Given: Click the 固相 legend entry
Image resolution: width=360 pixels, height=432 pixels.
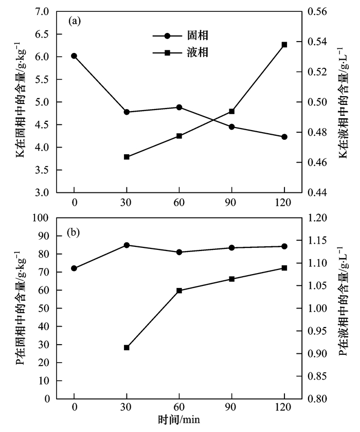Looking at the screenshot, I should click(198, 36).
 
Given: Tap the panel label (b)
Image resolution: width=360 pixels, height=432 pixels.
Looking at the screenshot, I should click(75, 232).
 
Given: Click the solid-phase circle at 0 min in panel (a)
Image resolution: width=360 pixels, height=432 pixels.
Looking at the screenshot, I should click(74, 56).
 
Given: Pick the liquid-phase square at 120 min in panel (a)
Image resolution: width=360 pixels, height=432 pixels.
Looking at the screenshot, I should click(284, 45).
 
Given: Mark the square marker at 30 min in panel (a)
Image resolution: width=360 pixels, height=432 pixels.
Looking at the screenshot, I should click(127, 157).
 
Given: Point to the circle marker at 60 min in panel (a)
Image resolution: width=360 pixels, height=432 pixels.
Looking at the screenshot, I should click(179, 107).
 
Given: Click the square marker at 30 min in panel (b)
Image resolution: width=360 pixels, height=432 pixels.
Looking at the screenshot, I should click(127, 348).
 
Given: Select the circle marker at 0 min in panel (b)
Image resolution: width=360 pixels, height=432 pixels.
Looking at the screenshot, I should click(74, 268).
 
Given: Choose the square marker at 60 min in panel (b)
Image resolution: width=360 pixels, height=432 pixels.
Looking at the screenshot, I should click(179, 291).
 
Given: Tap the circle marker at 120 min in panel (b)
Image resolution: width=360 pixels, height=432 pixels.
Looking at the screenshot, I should click(284, 246).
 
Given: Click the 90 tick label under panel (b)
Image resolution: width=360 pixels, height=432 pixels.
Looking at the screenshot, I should click(232, 409).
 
